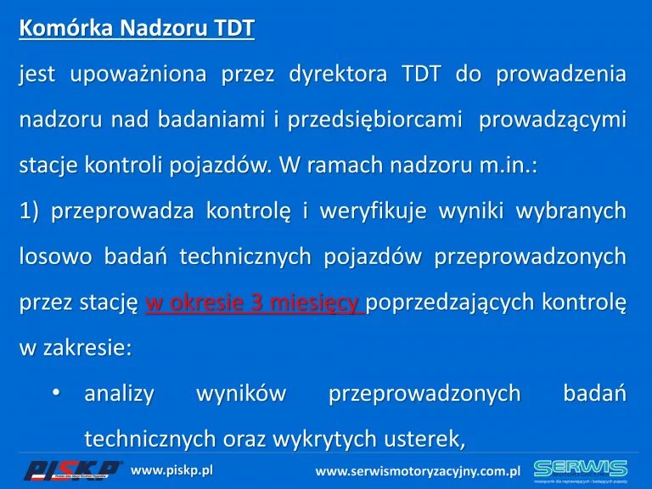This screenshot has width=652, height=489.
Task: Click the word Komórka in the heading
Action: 65,28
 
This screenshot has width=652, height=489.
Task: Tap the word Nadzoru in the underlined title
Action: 163,28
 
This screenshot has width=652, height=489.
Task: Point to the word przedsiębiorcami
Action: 374,121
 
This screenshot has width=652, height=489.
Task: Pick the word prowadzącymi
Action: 553,121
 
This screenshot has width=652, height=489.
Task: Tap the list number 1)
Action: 29,211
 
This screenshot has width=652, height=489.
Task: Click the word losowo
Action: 56,256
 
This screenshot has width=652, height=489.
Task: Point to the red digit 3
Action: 256,302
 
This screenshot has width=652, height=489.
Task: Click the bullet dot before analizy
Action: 57,392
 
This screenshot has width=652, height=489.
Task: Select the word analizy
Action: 120,394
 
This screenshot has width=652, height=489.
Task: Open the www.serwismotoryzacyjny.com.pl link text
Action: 418,471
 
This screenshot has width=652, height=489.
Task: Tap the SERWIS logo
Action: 581,469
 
